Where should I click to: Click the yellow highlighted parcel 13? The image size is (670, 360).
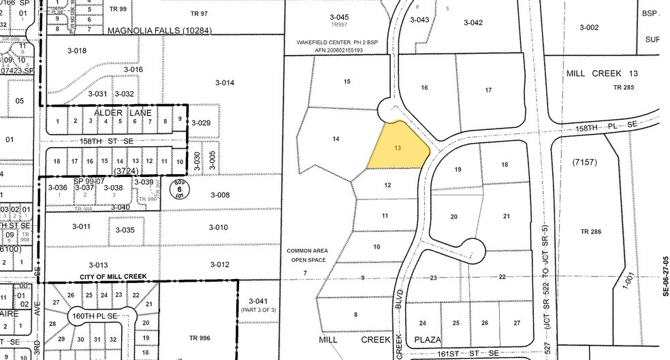coord(398,148)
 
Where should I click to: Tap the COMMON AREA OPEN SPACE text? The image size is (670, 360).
coord(307,255)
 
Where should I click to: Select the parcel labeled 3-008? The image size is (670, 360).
coord(220,195)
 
